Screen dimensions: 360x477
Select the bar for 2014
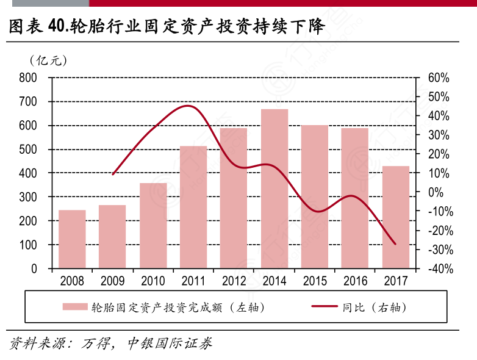[x=274, y=189]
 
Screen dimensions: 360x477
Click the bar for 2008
[x=72, y=239]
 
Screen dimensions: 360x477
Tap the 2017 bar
[x=396, y=217]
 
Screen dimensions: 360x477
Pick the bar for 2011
[x=193, y=207]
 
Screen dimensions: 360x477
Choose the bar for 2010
[x=153, y=226]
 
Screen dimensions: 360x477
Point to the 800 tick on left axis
[x=29, y=78]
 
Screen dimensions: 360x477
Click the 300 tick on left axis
[x=29, y=197]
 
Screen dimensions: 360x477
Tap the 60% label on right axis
[x=438, y=78]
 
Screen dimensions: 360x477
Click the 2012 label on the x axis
[x=234, y=281]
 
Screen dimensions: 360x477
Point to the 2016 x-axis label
[x=355, y=281]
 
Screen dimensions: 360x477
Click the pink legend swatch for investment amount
[x=74, y=306]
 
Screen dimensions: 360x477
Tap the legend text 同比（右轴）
[x=374, y=306]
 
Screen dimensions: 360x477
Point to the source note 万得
[x=96, y=343]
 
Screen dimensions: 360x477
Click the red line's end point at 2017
[x=395, y=244]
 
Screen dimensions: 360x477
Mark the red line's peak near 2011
[x=190, y=106]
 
